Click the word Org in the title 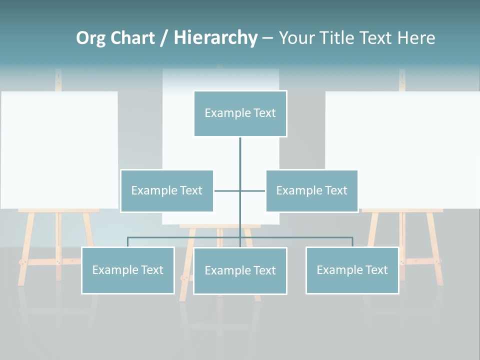point(91,38)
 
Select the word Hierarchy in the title point(215,38)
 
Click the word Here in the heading point(416,38)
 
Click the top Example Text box point(240,113)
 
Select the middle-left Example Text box point(166,190)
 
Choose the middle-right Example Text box point(311,190)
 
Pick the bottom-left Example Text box point(127,270)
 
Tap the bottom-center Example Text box point(240,270)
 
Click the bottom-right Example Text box point(352,270)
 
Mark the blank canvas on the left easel point(59,149)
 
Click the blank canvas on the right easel point(402,149)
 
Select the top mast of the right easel point(402,80)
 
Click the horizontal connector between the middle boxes point(239,190)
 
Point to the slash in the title point(164,38)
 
